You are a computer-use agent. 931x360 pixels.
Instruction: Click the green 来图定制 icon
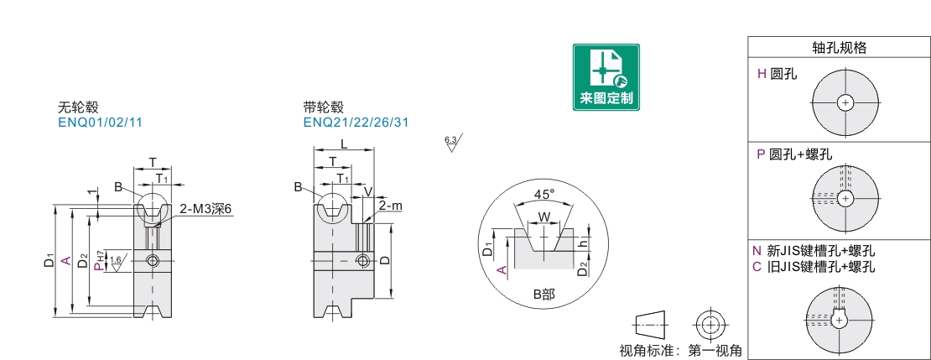[x=606, y=76]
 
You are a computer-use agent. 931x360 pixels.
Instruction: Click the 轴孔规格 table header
[x=839, y=48]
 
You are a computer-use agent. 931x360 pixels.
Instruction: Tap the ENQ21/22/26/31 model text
[x=356, y=123]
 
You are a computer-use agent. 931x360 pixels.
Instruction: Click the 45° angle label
[x=544, y=195]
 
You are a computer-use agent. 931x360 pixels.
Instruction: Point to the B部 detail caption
[x=544, y=295]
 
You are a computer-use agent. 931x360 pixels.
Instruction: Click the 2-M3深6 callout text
[x=205, y=209]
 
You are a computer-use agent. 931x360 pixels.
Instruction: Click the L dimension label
[x=344, y=143]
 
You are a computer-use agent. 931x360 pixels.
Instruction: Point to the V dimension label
[x=367, y=192]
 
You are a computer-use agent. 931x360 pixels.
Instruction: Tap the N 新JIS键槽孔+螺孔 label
[x=813, y=251]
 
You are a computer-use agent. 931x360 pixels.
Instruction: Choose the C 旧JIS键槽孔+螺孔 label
[x=813, y=267]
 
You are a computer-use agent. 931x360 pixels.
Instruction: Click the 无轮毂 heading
[x=78, y=107]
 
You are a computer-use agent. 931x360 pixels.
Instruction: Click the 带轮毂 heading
[x=324, y=107]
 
